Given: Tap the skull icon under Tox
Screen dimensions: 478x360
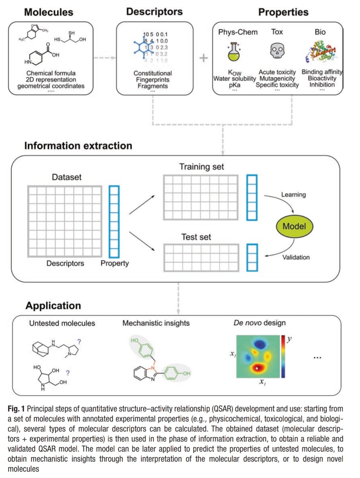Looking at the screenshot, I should pos(277,51).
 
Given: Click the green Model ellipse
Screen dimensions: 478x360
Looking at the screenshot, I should pos(294,226).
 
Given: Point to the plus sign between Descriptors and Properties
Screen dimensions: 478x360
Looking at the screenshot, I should pos(204,58).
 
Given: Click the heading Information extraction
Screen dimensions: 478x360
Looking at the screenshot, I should pos(78,146).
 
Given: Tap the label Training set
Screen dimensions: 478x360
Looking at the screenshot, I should pos(202,167).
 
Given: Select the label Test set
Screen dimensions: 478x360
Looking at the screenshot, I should pos(196,237).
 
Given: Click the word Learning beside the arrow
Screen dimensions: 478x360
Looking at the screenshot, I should pos(293,194).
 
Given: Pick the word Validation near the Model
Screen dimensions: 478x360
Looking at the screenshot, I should pos(296,257).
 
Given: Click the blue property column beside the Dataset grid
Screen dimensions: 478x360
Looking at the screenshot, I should pos(114,221).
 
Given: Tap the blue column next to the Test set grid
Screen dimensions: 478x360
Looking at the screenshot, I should pos(252,257).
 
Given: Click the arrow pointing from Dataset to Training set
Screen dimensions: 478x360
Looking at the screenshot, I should pos(142,205).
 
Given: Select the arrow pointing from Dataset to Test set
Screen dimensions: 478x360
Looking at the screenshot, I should pos(142,241).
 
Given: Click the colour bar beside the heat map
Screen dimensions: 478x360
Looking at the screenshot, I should pos(283,356).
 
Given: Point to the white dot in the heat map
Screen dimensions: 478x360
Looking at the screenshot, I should pos(257,368).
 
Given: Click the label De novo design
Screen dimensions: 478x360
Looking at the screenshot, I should pos(259,323).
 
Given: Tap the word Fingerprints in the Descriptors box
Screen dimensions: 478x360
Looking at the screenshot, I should pos(153,79).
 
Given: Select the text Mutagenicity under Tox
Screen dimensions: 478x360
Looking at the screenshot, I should pos(277,78).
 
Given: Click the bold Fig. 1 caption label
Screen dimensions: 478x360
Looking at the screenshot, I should pos(16,409).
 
